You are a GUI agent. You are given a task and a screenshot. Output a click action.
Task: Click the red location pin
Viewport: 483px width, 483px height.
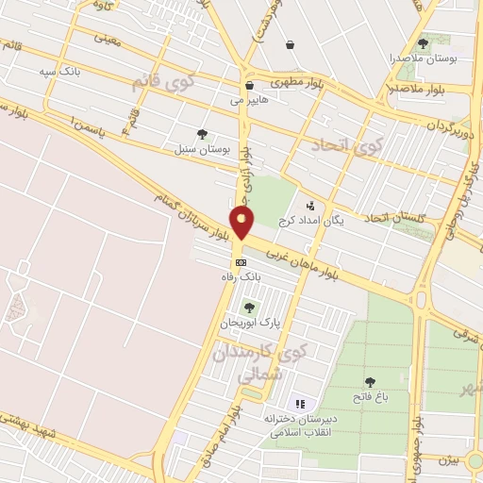[243, 224]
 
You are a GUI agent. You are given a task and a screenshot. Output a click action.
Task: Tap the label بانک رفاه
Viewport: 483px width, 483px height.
[241, 277]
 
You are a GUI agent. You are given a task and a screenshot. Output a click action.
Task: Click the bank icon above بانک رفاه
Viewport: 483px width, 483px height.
[241, 261]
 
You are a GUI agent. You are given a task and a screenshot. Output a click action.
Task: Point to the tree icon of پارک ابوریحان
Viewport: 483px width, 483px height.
[249, 308]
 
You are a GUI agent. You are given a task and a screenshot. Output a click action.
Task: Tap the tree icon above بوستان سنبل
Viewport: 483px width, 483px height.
[202, 134]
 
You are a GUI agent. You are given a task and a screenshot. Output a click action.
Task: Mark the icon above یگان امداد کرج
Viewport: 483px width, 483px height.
[309, 205]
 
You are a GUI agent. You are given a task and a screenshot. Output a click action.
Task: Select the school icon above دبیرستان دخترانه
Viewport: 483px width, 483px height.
[300, 404]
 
